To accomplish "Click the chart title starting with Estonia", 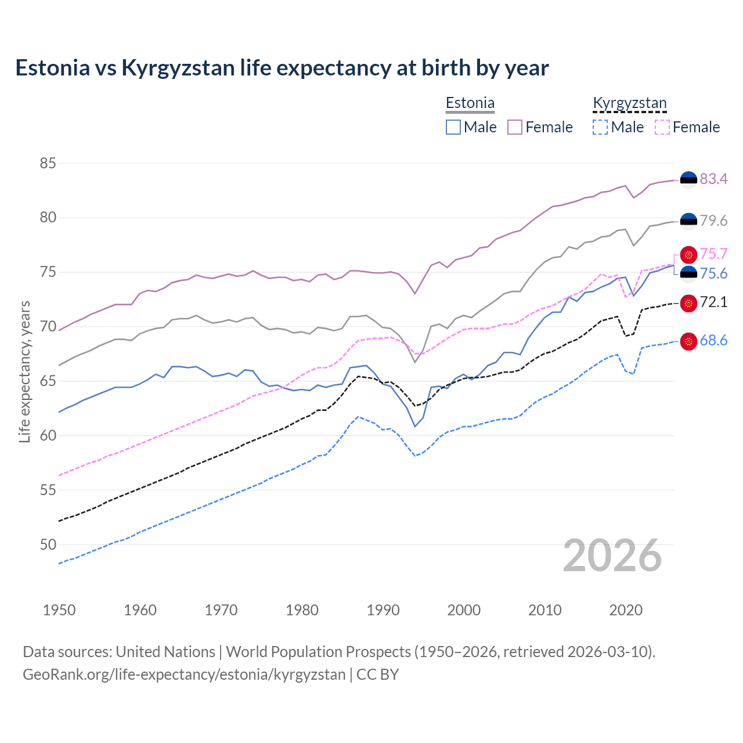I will [x=282, y=68].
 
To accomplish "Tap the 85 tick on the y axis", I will [x=48, y=163].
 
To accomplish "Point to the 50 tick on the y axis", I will [x=48, y=544].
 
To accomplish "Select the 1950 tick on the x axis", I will [x=59, y=610].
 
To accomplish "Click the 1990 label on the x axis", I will [x=383, y=610].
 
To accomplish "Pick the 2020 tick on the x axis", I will [x=626, y=610].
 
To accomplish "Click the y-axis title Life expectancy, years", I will [x=24, y=371].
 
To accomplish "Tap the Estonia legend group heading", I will [x=470, y=103].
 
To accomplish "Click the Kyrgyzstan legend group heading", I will [x=630, y=103].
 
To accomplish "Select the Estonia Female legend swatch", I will [x=515, y=127].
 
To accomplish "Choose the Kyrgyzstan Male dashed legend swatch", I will [x=600, y=127].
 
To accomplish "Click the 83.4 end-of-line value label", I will [x=713, y=179].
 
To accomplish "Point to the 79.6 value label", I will [x=713, y=221].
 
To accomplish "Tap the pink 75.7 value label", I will [x=713, y=254].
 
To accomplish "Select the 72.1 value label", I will [x=713, y=302].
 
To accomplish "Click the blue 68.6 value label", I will [x=713, y=341].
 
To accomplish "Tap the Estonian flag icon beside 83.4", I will [x=688, y=180].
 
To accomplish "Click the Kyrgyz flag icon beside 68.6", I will [x=688, y=341].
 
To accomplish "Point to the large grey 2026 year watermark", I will [x=612, y=556].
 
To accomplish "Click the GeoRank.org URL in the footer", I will [x=184, y=675].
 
